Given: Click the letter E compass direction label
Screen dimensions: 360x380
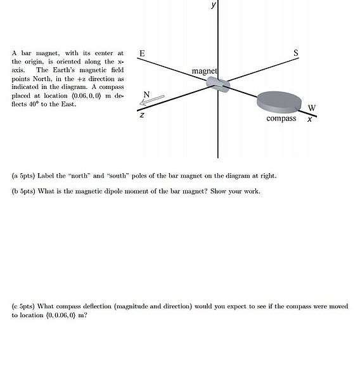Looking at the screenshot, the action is pos(141,54).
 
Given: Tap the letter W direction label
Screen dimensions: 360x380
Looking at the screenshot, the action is pos(312,107).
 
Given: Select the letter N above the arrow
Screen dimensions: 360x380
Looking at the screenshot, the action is pos(146,95).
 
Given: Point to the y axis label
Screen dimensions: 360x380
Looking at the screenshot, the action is pos(214,4).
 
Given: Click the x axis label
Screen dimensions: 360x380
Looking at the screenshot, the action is pos(309,119).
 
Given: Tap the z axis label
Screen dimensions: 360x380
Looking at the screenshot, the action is pos(142,115).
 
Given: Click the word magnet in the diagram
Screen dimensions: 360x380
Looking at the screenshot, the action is pos(204,71).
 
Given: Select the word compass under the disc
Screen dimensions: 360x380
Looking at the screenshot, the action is pos(281,119).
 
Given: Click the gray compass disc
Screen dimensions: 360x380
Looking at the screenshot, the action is pos(279,101).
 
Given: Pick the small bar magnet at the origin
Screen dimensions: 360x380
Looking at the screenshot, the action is pos(221,84).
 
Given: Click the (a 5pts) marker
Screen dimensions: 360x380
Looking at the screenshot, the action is pos(25,176).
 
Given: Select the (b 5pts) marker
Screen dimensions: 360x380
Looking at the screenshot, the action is pos(25,191).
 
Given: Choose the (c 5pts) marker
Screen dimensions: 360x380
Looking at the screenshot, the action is pos(25,306).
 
